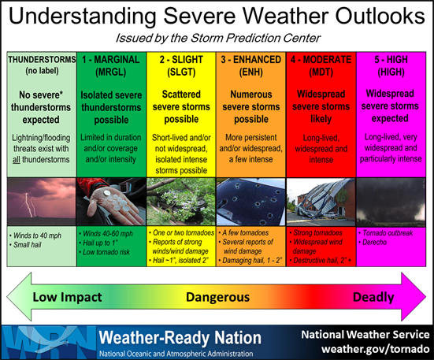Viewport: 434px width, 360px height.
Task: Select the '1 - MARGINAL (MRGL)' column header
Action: point(111,65)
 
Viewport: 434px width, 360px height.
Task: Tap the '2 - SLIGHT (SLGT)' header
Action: point(182,65)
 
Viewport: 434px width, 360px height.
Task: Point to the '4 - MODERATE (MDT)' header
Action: point(321,65)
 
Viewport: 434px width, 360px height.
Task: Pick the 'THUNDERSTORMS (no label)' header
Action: point(40,65)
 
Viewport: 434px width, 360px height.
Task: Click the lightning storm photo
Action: point(40,203)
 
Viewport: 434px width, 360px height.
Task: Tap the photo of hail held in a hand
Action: point(111,203)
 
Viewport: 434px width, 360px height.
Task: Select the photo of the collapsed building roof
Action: point(321,203)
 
